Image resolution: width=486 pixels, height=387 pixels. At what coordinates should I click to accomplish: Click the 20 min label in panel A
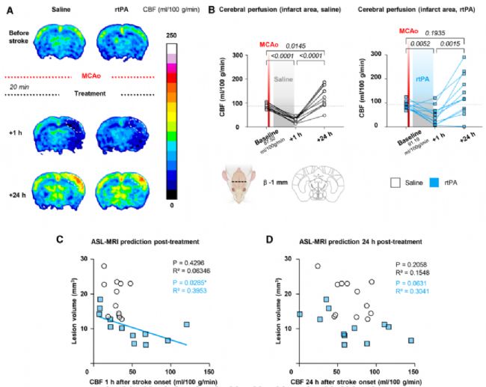tap(20, 88)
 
